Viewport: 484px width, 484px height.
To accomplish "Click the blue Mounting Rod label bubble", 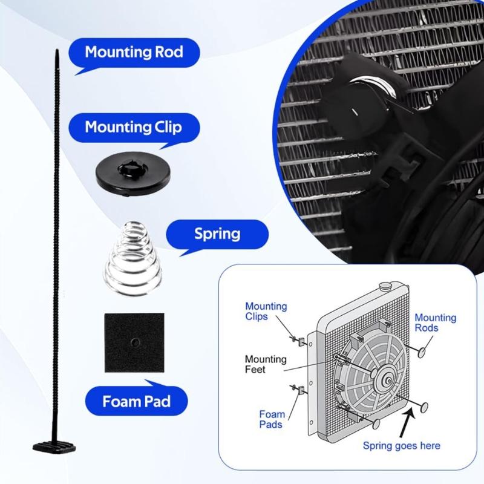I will coord(133,51).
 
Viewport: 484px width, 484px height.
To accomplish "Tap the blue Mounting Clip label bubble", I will coord(133,128).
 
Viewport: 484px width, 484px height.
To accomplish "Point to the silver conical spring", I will coord(133,253).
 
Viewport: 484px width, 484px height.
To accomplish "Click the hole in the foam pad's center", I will coord(134,342).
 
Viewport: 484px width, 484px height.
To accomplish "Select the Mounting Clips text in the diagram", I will coord(266,312).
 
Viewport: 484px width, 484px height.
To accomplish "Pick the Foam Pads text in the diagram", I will coord(272,419).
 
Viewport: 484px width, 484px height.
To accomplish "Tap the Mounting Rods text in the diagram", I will coord(435,323).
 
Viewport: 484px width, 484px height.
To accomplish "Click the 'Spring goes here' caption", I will coord(401,446).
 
